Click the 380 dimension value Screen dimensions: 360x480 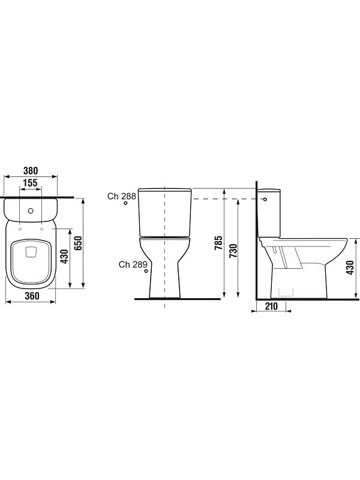click(31, 170)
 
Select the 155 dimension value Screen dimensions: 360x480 click(31, 183)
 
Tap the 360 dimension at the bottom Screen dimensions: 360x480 click(32, 296)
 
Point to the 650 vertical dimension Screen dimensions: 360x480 click(79, 243)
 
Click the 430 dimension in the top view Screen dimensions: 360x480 click(64, 257)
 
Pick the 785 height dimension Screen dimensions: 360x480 click(218, 243)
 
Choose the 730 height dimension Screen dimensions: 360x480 click(233, 251)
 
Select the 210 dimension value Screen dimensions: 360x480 click(271, 306)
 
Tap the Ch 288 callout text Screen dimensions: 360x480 click(122, 196)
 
